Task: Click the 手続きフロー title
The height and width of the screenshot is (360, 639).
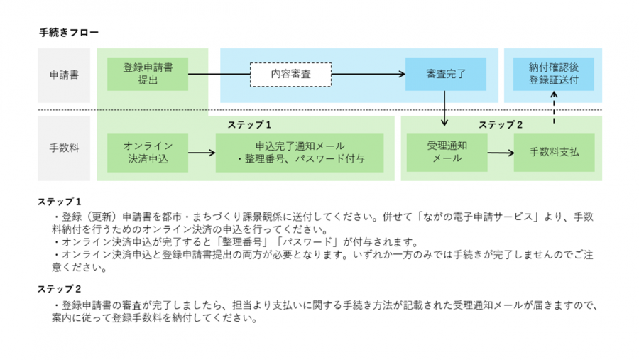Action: tap(69, 32)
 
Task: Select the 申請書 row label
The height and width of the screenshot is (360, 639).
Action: tap(64, 75)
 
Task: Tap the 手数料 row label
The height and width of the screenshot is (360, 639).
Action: tap(64, 148)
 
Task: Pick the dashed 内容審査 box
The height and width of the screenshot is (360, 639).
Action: tap(290, 75)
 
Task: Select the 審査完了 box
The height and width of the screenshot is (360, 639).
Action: tap(445, 75)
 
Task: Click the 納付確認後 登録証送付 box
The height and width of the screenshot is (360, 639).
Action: tap(553, 75)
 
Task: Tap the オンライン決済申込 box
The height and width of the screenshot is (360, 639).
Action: tap(148, 152)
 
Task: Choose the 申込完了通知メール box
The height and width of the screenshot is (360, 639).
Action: tap(299, 152)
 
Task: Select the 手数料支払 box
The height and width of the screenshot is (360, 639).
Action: tap(553, 152)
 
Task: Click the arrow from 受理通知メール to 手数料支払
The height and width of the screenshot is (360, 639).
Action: tap(500, 152)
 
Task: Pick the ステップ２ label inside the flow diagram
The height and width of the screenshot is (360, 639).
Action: tap(501, 125)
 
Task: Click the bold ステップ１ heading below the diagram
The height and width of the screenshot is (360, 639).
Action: tap(60, 201)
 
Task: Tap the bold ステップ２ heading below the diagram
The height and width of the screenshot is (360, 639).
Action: tap(60, 289)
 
